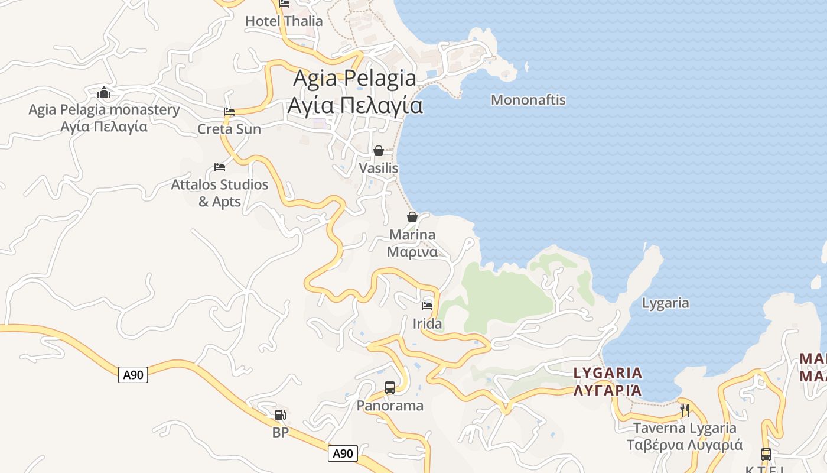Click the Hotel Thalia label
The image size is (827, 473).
[x=284, y=21]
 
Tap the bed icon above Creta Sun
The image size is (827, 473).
[x=229, y=111]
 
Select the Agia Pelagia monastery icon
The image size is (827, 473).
[x=104, y=92]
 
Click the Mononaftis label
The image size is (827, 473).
[x=528, y=100]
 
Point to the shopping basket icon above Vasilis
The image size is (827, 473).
[x=379, y=151]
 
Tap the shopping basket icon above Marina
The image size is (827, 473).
[x=412, y=217]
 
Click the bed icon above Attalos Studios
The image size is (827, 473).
[x=220, y=167]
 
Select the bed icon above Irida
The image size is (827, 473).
[x=427, y=306]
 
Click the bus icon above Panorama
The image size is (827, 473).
[x=390, y=388]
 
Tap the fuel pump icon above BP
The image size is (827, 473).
[x=281, y=415]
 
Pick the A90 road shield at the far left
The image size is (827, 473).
[x=133, y=374]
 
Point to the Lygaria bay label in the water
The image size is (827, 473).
[x=665, y=303]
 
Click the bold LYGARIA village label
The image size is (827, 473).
[x=608, y=373]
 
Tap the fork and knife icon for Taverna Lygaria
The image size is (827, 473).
[x=685, y=410]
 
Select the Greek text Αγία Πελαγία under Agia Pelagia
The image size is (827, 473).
[x=355, y=105]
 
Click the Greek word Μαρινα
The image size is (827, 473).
[x=412, y=252]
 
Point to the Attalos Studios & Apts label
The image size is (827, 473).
[x=220, y=193]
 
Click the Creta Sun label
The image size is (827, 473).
[x=229, y=129]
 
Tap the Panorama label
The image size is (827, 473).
[x=390, y=406]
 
